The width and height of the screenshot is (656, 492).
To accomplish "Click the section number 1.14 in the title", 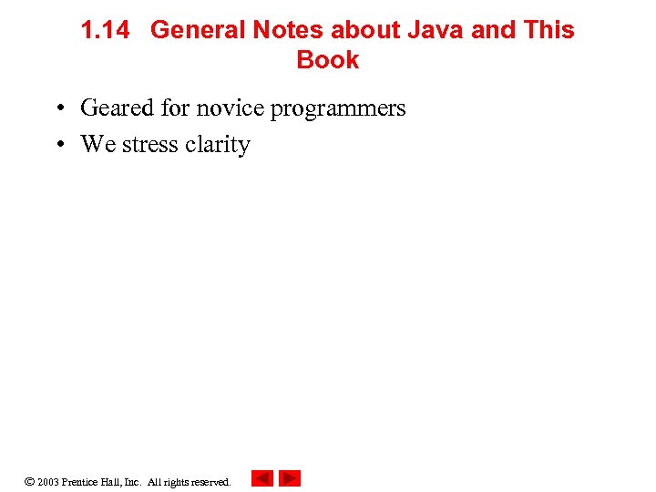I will coord(105,30).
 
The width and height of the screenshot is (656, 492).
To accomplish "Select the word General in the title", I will coord(198,30).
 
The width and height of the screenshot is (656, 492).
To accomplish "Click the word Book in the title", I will coord(328,61).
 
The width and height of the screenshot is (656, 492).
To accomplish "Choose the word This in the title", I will coord(548,30).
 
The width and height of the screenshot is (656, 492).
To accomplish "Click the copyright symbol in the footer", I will coord(29,481).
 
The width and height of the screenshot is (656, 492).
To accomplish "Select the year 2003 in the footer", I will coord(48,482).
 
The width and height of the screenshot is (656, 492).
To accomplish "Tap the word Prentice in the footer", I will coord(82,482).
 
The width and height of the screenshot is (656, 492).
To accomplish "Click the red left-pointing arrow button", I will coord(262,478).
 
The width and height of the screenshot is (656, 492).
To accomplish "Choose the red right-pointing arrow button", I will coord(290,478).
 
